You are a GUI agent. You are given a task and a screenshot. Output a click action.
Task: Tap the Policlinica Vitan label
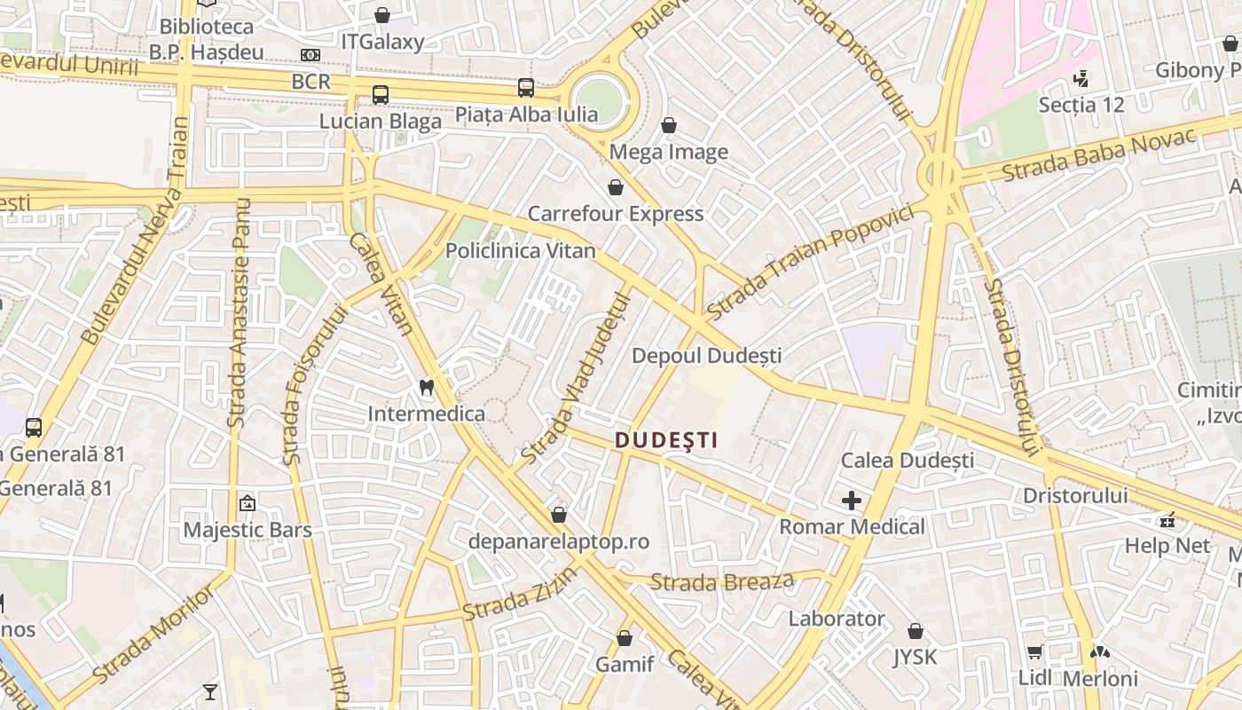pos(520,251)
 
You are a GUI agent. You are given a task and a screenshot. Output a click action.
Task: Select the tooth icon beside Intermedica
pos(426,387)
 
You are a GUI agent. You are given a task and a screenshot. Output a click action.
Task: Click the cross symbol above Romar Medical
pos(852,501)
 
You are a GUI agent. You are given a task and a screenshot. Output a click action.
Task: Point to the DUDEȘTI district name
pos(666,439)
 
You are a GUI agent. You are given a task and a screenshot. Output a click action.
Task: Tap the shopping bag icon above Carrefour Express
pos(615,187)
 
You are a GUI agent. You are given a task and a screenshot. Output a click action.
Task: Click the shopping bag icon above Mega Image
pos(669,125)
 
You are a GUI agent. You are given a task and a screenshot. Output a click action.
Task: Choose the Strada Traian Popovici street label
pos(810,264)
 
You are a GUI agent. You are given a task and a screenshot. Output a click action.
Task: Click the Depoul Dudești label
pos(706,356)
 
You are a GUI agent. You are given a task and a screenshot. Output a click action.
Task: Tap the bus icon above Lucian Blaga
pos(381,95)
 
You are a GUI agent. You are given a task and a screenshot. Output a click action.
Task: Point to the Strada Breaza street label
pos(721,582)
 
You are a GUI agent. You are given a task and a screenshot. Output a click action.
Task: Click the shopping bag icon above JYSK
pos(916,631)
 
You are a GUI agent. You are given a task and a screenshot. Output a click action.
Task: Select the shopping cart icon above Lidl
pos(1034,652)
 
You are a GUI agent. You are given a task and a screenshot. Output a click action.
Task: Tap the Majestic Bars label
pos(248,531)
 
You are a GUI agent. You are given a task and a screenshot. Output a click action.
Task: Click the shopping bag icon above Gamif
pos(625,638)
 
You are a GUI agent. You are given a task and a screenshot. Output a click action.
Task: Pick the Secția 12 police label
pos(1081,105)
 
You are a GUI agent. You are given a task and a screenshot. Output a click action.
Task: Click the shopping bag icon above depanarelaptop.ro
pos(559,515)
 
